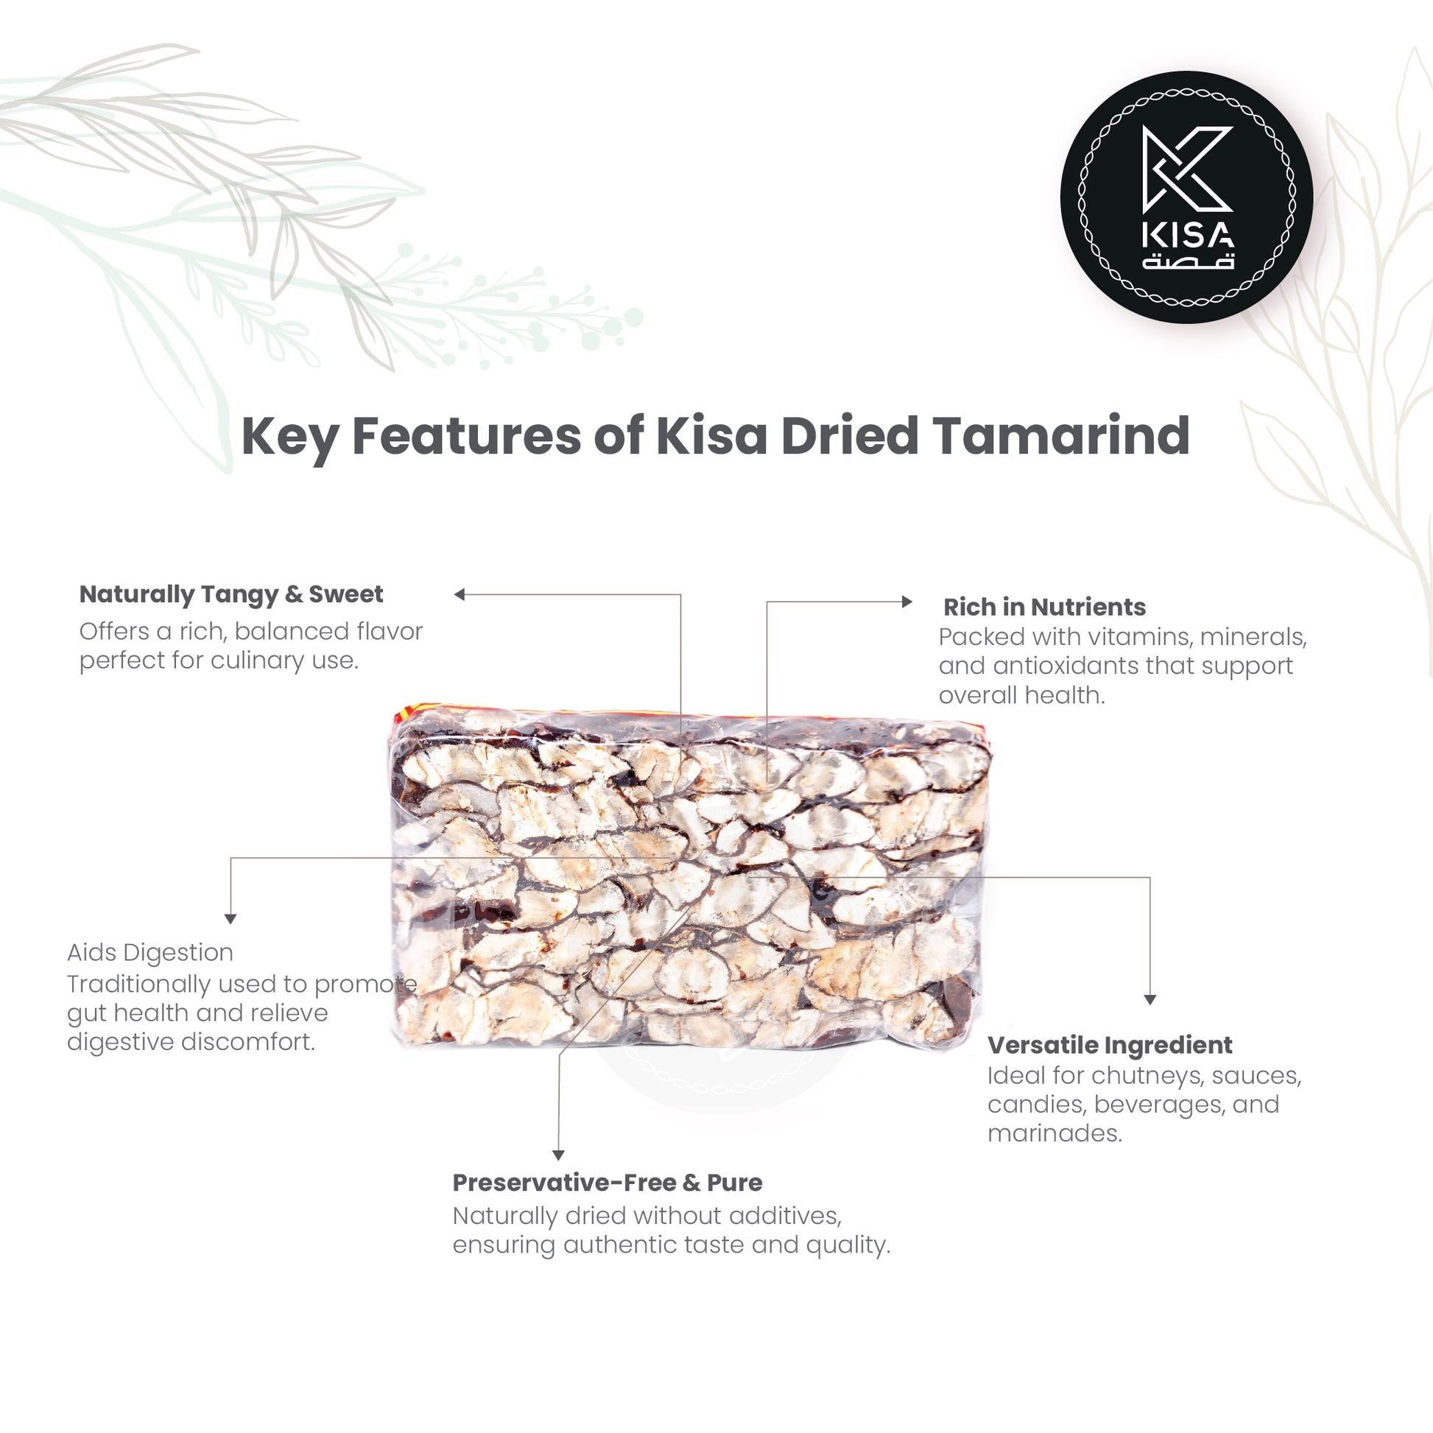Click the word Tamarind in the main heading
[x=1061, y=435]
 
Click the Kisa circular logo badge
[x=1187, y=197]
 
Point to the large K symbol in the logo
[x=1187, y=169]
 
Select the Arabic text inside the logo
[x=1188, y=261]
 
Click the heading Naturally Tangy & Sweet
[x=231, y=595]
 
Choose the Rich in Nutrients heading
[x=1044, y=608]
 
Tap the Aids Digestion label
[x=149, y=952]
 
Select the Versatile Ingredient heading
[x=1110, y=1045]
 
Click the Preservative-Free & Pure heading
[x=608, y=1183]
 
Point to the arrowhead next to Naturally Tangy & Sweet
[x=459, y=594]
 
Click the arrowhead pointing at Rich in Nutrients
[x=907, y=602]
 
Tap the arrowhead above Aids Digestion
[x=230, y=919]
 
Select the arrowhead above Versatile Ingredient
[x=1150, y=1001]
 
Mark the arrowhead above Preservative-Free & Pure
[x=558, y=1155]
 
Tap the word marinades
[x=1054, y=1133]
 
